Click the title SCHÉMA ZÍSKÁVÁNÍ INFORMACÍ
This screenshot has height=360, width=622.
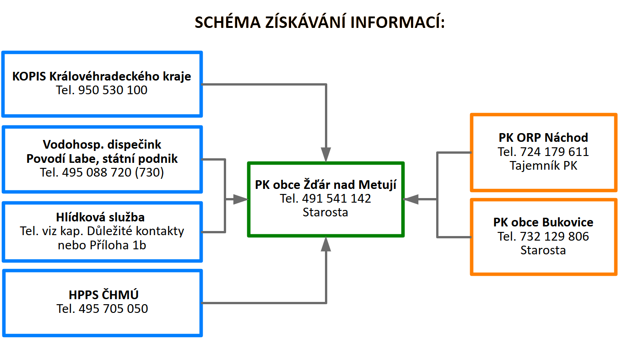tap(319, 22)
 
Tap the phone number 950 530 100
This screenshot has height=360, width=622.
tap(113, 90)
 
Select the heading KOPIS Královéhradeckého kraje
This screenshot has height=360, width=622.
tap(102, 76)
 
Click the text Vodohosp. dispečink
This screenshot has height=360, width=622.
tap(102, 145)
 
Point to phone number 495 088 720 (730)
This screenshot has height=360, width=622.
tap(113, 172)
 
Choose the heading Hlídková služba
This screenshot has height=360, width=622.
tap(100, 217)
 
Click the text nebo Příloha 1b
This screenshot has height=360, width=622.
tap(102, 245)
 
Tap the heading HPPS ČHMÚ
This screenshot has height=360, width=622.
tap(103, 295)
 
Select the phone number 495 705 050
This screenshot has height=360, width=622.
tap(114, 309)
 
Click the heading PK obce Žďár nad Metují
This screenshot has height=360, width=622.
tap(326, 185)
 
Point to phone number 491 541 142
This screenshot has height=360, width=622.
tap(336, 199)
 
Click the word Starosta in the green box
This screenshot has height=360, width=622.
tap(325, 212)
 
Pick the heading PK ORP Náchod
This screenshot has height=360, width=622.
tap(543, 138)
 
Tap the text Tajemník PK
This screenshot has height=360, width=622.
tap(543, 166)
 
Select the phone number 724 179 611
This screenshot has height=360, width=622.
tap(555, 152)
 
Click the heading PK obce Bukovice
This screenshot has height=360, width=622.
tap(543, 222)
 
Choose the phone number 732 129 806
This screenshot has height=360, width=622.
tap(555, 236)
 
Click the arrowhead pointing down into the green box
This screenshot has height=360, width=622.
tap(326, 154)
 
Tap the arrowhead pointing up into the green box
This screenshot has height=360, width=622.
tap(326, 244)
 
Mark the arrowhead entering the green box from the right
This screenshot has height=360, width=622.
tap(411, 199)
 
